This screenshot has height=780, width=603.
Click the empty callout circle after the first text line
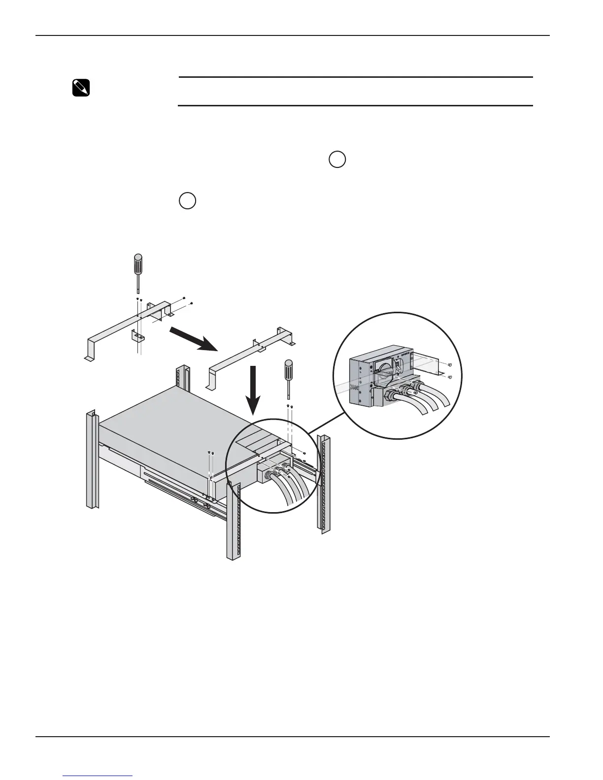pyautogui.click(x=337, y=160)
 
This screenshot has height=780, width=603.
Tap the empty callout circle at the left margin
pyautogui.click(x=187, y=201)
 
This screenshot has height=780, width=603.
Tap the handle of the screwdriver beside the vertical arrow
pyautogui.click(x=289, y=369)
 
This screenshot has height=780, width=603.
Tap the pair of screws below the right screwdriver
pyautogui.click(x=290, y=406)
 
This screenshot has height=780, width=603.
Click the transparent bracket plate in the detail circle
pyautogui.click(x=425, y=364)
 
